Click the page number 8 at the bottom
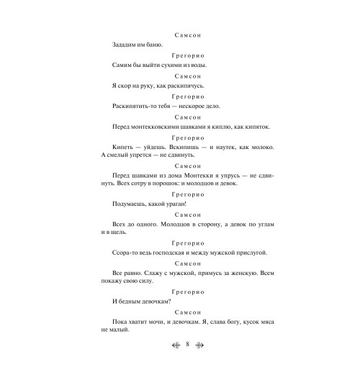186,366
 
